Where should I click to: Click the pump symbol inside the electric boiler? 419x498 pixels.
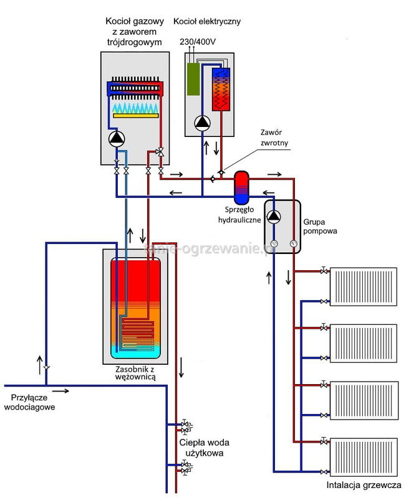[x=202, y=123]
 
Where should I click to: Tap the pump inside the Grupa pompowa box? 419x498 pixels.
[x=274, y=217]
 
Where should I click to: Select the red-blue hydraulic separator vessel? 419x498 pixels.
[x=242, y=184]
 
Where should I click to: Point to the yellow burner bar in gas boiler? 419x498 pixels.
[x=135, y=116]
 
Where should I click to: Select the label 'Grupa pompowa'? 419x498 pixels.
[x=320, y=225]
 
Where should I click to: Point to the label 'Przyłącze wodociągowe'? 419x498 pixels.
[x=29, y=402]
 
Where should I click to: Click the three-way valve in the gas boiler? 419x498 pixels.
[x=161, y=152]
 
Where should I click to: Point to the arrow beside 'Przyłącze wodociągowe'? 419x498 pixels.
[x=60, y=391]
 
